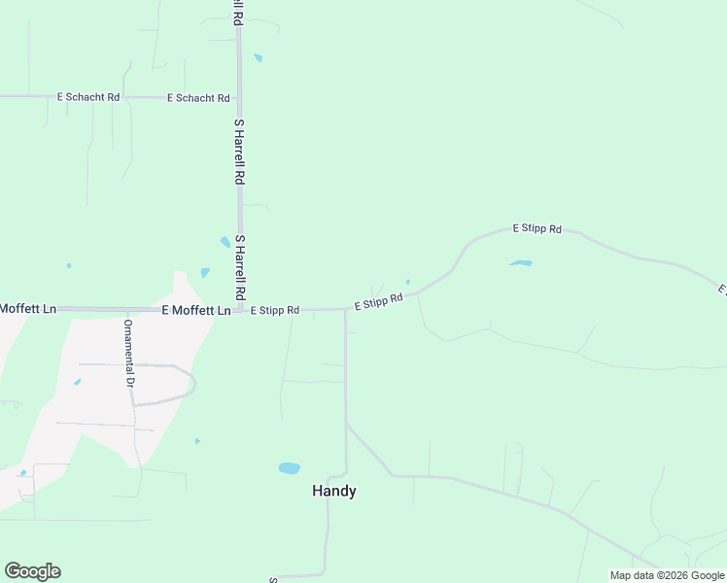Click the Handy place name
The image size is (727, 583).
(x=333, y=492)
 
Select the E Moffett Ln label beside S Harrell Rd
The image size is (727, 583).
(x=195, y=311)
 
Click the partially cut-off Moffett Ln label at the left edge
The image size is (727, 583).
(x=28, y=309)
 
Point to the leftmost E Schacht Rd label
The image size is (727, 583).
(x=88, y=97)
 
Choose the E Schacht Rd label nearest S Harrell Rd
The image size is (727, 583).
(x=198, y=98)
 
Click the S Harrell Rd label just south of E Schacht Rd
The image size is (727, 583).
(x=239, y=153)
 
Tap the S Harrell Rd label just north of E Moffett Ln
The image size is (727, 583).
(x=240, y=267)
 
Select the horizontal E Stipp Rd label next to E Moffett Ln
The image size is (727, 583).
(x=275, y=311)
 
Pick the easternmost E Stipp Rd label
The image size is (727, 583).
(x=537, y=229)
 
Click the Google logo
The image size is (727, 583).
(x=32, y=571)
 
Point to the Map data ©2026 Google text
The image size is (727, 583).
(x=667, y=575)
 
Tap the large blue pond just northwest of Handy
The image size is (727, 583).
(x=289, y=468)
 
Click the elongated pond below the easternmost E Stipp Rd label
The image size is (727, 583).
(x=521, y=263)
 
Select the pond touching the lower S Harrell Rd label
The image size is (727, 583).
(x=225, y=242)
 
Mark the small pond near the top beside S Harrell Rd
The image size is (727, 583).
(x=258, y=58)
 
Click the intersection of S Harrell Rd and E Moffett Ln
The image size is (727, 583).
(x=240, y=310)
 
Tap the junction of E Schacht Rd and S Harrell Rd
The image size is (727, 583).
(x=240, y=98)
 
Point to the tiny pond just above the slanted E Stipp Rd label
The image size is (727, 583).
(x=407, y=283)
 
